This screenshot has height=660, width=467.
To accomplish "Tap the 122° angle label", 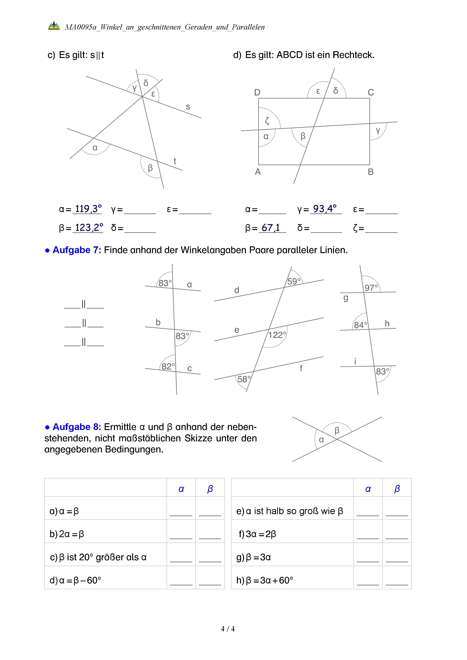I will pyautogui.click(x=277, y=335).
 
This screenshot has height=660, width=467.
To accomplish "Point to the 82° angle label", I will pyautogui.click(x=168, y=366).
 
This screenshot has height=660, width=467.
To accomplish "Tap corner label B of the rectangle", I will pyautogui.click(x=371, y=172).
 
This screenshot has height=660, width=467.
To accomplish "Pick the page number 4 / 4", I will pyautogui.click(x=228, y=629).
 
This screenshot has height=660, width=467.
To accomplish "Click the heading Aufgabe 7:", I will pyautogui.click(x=77, y=250).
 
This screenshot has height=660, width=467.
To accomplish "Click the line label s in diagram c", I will pyautogui.click(x=188, y=107).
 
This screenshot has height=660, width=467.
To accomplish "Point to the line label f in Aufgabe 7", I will pyautogui.click(x=301, y=368).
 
